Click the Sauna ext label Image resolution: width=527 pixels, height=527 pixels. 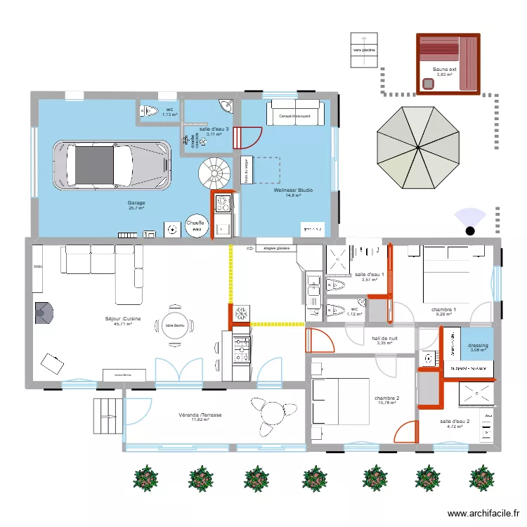(x=444, y=70)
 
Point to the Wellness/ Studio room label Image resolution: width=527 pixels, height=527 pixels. (x=294, y=190)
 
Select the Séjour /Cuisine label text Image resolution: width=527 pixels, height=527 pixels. (x=123, y=318)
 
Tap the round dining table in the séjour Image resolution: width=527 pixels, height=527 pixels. (x=174, y=325)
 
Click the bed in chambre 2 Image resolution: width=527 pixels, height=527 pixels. (x=340, y=401)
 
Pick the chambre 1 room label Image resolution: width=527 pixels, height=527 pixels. (x=444, y=310)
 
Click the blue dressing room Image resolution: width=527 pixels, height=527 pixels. (x=477, y=347)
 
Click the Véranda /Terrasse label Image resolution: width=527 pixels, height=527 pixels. (x=200, y=415)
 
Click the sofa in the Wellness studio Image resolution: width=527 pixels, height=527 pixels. (x=294, y=114)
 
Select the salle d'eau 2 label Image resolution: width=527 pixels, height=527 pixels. (x=455, y=422)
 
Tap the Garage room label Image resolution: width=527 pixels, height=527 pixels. (x=136, y=203)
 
